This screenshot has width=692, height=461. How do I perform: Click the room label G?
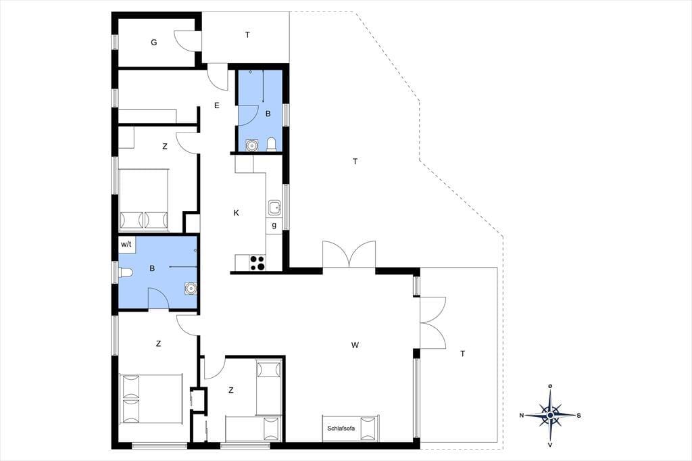click(x=153, y=43)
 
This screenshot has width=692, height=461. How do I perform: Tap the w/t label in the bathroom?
click(x=126, y=244)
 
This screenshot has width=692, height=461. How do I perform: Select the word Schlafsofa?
click(x=341, y=429)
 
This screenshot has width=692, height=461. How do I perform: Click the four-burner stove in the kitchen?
click(x=257, y=263)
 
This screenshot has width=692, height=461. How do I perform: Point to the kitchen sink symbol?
click(x=274, y=207)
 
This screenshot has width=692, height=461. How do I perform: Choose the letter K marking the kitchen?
click(x=236, y=213)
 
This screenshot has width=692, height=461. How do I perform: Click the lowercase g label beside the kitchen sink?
click(x=274, y=225)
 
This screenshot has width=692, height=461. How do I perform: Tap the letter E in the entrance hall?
click(x=217, y=105)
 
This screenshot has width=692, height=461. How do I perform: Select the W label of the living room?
click(x=355, y=345)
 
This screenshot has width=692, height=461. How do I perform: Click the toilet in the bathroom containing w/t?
click(x=125, y=273)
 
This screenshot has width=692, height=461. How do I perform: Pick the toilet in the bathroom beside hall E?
click(x=272, y=144)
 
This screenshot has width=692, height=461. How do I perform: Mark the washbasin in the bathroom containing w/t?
click(x=190, y=289)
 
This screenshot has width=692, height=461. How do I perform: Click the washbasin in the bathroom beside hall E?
click(x=251, y=145)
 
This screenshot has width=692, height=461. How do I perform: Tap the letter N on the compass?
click(x=521, y=416)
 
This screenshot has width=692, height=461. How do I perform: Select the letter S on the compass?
click(x=578, y=416)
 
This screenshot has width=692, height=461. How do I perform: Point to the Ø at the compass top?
click(x=550, y=387)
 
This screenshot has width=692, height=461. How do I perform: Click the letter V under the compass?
click(x=550, y=445)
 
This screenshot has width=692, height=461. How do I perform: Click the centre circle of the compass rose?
click(x=550, y=416)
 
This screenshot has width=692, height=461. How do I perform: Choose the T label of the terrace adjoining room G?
click(x=247, y=35)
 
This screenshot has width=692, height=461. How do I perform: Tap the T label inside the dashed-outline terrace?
click(x=355, y=162)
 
